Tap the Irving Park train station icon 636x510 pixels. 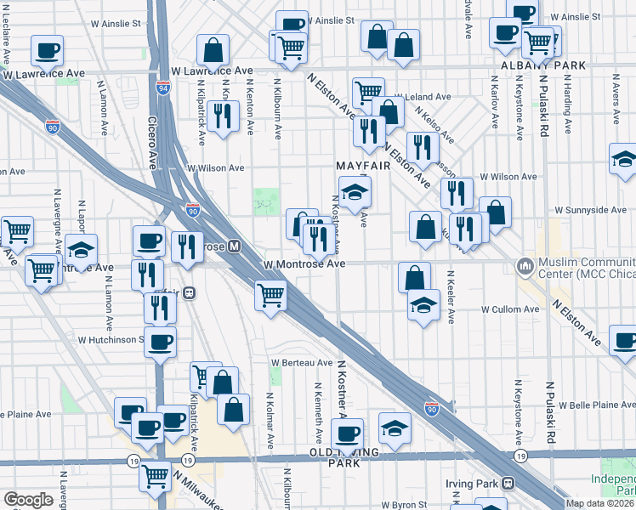[508, 483]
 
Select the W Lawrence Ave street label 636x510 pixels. [212, 71]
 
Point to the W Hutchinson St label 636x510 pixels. [111, 339]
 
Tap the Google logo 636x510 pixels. [28, 500]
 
